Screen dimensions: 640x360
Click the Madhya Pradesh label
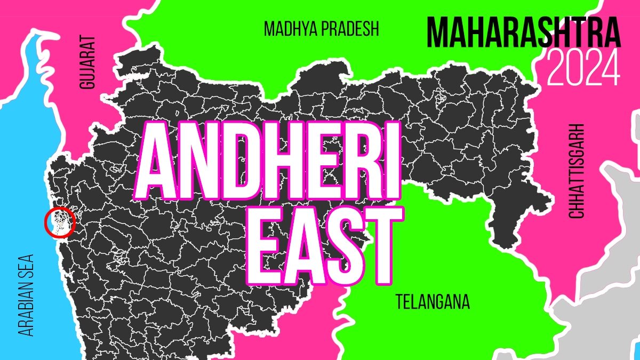[321, 29]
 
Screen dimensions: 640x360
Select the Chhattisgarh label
[577, 171]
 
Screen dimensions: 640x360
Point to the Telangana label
[433, 302]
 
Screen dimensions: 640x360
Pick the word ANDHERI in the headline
[270, 160]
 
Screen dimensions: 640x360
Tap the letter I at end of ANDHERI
[391, 160]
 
